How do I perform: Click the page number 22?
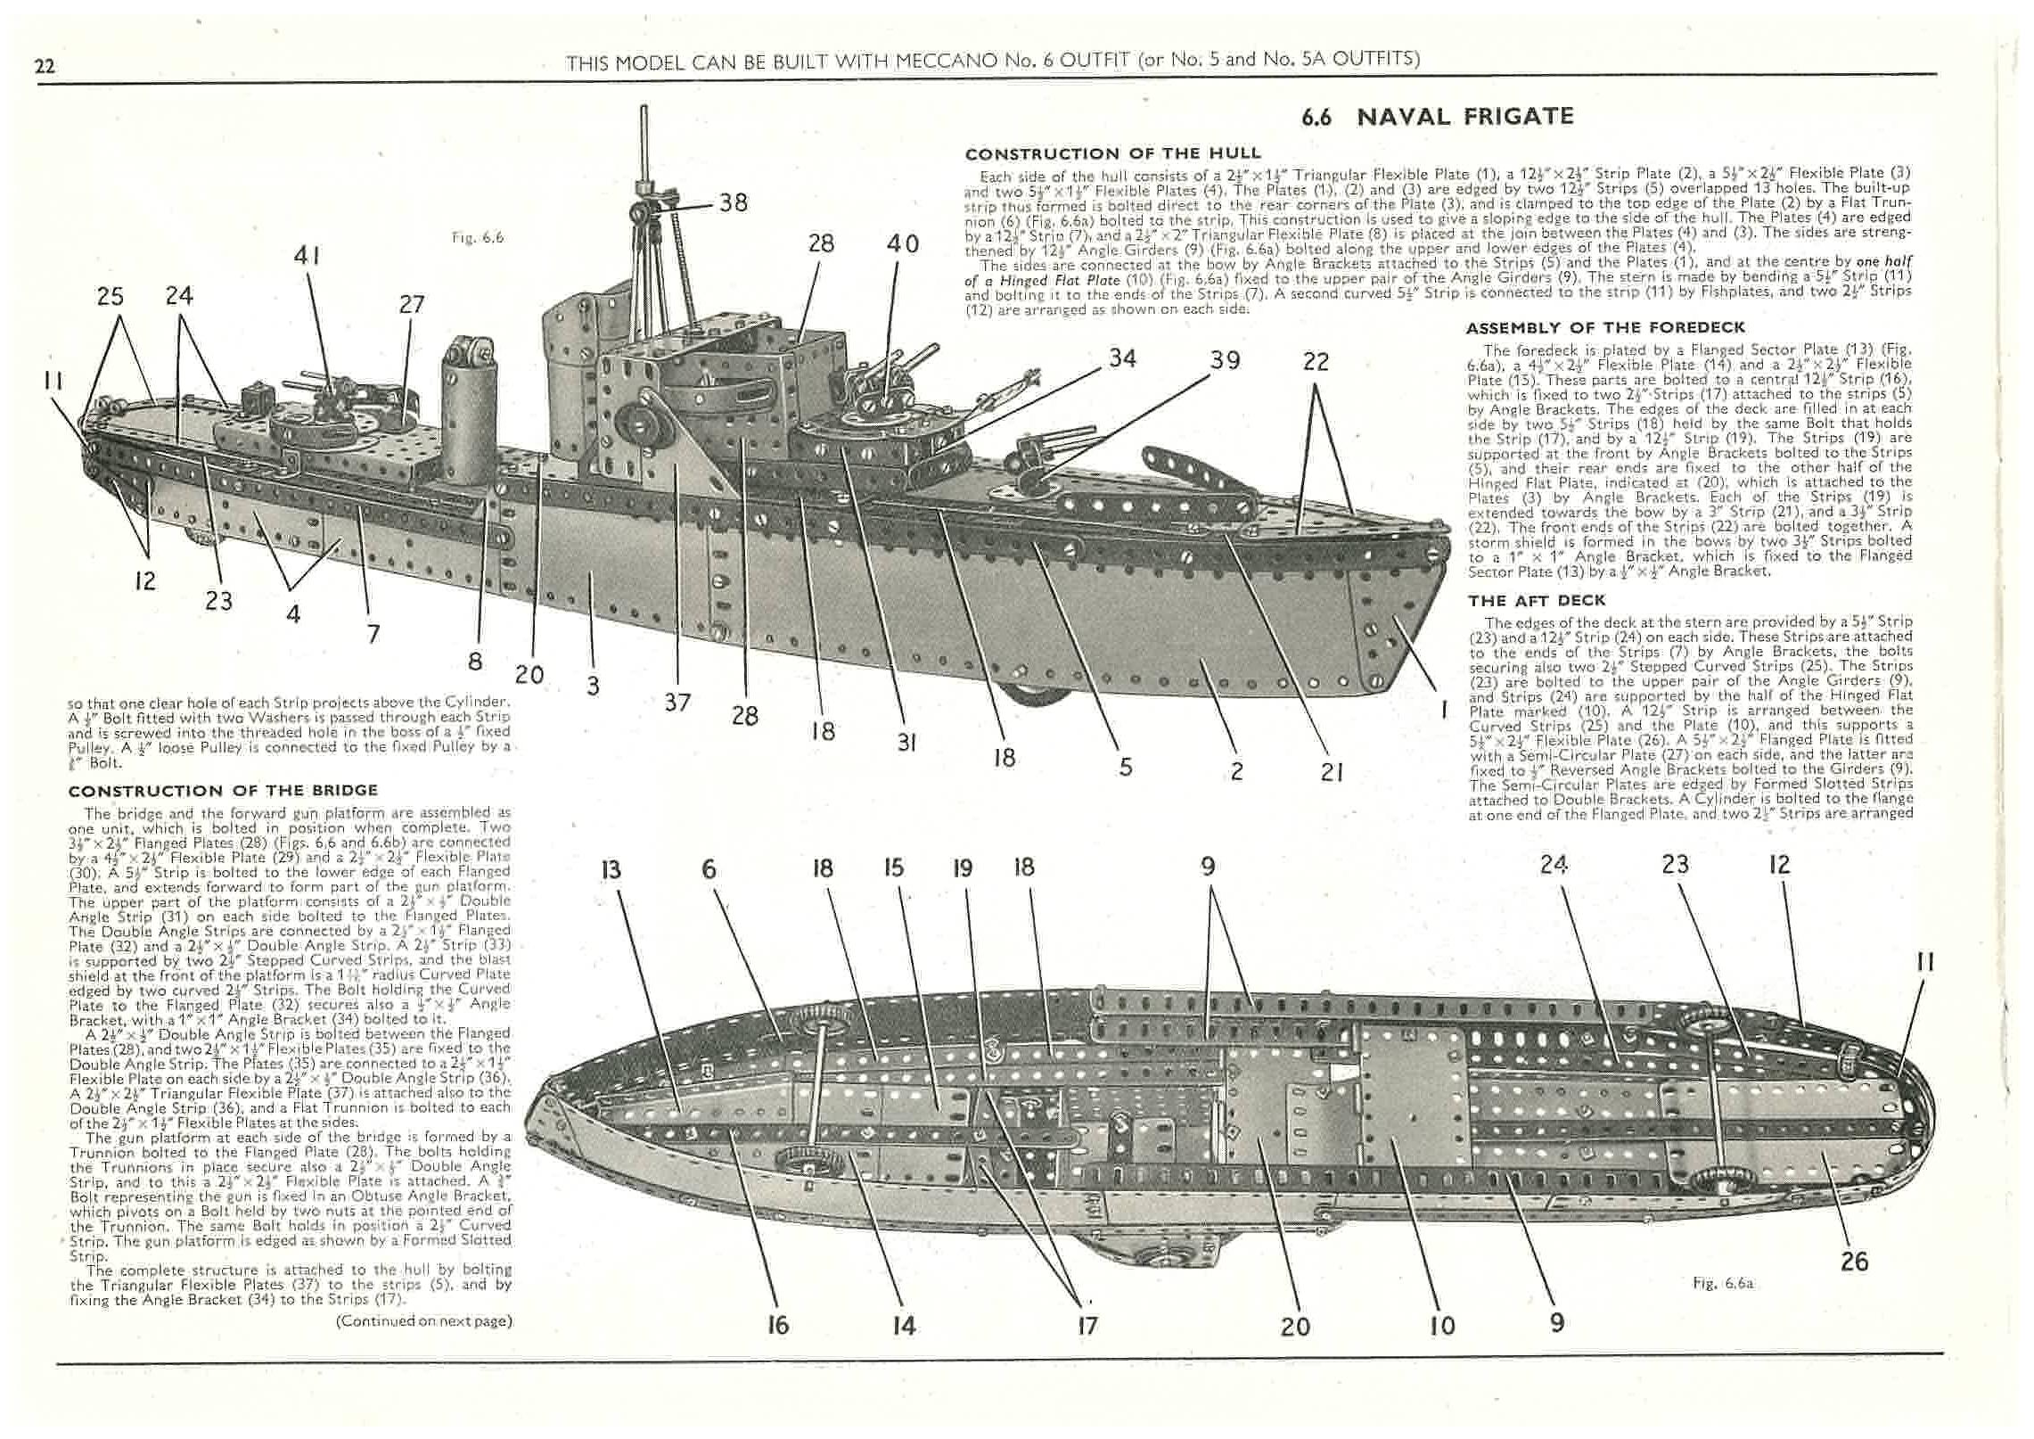(x=45, y=64)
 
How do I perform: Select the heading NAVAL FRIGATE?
(x=1464, y=117)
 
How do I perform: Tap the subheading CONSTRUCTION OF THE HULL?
(x=1113, y=153)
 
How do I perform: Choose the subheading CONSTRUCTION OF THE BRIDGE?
(x=223, y=791)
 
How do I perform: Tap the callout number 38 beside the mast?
(x=733, y=203)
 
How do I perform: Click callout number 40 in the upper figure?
(x=902, y=243)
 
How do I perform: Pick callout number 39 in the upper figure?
(x=1225, y=360)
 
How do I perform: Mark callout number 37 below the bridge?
(x=677, y=703)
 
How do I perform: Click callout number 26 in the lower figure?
(x=1855, y=1262)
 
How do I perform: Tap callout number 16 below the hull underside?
(x=777, y=1326)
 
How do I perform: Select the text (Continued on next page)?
(x=423, y=1321)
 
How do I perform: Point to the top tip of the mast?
(x=643, y=109)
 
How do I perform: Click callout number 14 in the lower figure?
(x=903, y=1326)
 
